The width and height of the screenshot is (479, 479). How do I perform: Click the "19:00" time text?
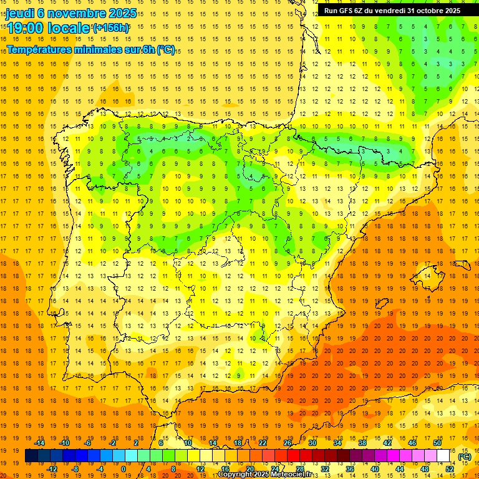(x=27, y=28)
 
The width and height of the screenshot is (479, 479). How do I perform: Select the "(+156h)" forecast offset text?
(x=111, y=27)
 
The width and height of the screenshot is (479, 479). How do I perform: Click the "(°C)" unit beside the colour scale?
(x=465, y=457)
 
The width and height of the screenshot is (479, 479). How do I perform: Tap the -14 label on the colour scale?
(x=41, y=443)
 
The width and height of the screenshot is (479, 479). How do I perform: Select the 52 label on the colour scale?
(x=450, y=469)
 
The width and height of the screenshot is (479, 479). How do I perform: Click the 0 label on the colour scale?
(x=123, y=469)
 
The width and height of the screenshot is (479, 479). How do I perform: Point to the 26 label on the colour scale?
(x=288, y=443)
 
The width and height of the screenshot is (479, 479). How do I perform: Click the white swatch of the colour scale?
(x=443, y=456)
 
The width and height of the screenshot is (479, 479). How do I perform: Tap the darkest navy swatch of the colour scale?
(x=31, y=456)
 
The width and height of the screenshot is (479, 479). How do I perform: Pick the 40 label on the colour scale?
(x=375, y=469)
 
